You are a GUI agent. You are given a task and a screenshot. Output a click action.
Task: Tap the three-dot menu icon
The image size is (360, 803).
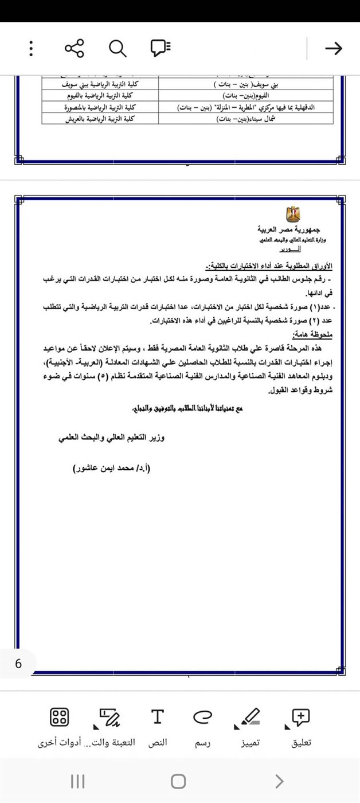[x=31, y=49]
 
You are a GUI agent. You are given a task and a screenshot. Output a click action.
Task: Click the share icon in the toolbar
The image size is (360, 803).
[x=75, y=49]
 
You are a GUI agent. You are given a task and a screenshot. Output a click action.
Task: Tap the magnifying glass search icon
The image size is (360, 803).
[x=118, y=49]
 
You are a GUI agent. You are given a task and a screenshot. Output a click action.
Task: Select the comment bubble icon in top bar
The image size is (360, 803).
[x=161, y=49]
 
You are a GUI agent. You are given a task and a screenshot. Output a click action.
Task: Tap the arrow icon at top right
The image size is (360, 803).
[x=333, y=49]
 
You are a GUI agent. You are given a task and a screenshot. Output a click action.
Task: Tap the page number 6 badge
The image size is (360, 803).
[x=18, y=664]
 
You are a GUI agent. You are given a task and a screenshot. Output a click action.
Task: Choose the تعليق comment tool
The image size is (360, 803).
[x=301, y=726]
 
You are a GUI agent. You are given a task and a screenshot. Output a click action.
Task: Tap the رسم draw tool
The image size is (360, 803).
[x=202, y=726]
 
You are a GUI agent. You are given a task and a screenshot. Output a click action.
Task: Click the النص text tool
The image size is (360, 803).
[x=158, y=726]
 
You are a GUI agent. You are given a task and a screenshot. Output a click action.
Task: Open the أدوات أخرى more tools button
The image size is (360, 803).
[x=60, y=726]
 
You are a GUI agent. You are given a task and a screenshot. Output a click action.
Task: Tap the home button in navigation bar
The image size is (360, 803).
[x=178, y=781]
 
